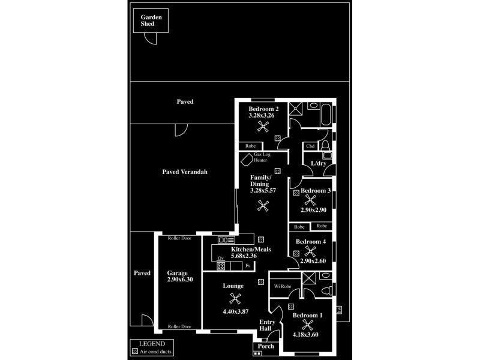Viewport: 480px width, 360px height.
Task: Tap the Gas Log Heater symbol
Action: pos(246,161)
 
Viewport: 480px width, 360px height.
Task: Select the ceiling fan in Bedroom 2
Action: pos(262,126)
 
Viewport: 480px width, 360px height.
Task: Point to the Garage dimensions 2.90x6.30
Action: pos(177,280)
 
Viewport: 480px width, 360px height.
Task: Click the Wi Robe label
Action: pos(282,287)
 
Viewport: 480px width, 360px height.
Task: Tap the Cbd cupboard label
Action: pos(310,146)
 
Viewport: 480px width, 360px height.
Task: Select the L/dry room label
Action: pos(318,164)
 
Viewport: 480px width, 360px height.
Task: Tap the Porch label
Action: pos(265,346)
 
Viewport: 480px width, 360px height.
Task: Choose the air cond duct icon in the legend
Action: pos(134,352)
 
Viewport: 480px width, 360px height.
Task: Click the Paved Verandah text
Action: pos(185,172)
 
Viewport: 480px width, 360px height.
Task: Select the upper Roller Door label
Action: pos(179,238)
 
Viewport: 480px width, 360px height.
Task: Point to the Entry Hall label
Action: pos(267,325)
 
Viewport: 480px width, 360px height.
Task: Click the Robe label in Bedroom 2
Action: pos(251,146)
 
